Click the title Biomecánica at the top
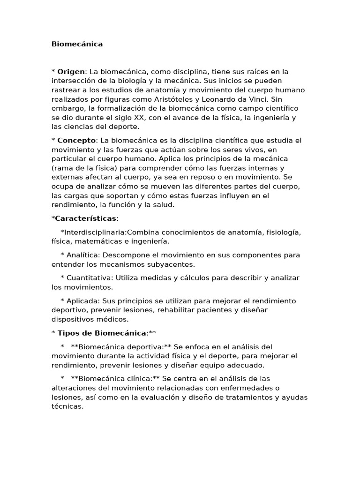(x=77, y=44)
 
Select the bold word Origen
(x=71, y=72)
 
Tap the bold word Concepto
(x=76, y=141)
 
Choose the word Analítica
(x=82, y=255)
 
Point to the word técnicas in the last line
(x=67, y=406)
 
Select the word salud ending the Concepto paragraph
(x=163, y=205)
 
